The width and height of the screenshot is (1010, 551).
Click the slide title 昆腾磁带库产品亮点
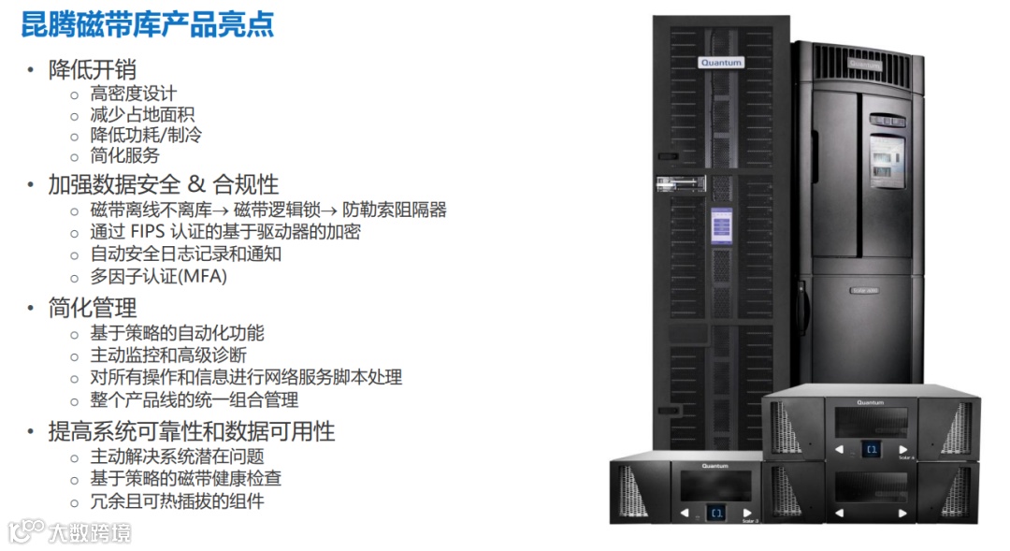click(148, 24)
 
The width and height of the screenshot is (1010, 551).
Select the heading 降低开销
click(93, 70)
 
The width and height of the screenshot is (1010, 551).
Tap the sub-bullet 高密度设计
click(133, 94)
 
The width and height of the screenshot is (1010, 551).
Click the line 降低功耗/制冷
click(145, 135)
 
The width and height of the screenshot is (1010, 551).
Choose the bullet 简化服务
click(124, 155)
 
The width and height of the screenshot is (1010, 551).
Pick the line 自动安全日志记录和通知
click(185, 254)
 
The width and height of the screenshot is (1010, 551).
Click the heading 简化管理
click(93, 308)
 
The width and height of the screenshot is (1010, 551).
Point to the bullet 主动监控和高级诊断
click(167, 355)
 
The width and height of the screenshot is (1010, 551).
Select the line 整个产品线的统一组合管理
click(194, 399)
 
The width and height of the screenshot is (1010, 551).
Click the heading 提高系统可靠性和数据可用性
click(192, 431)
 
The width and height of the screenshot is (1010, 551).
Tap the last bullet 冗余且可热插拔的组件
click(177, 500)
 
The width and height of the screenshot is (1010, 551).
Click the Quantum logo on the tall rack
click(721, 63)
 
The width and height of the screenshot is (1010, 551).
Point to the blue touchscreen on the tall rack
click(721, 226)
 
